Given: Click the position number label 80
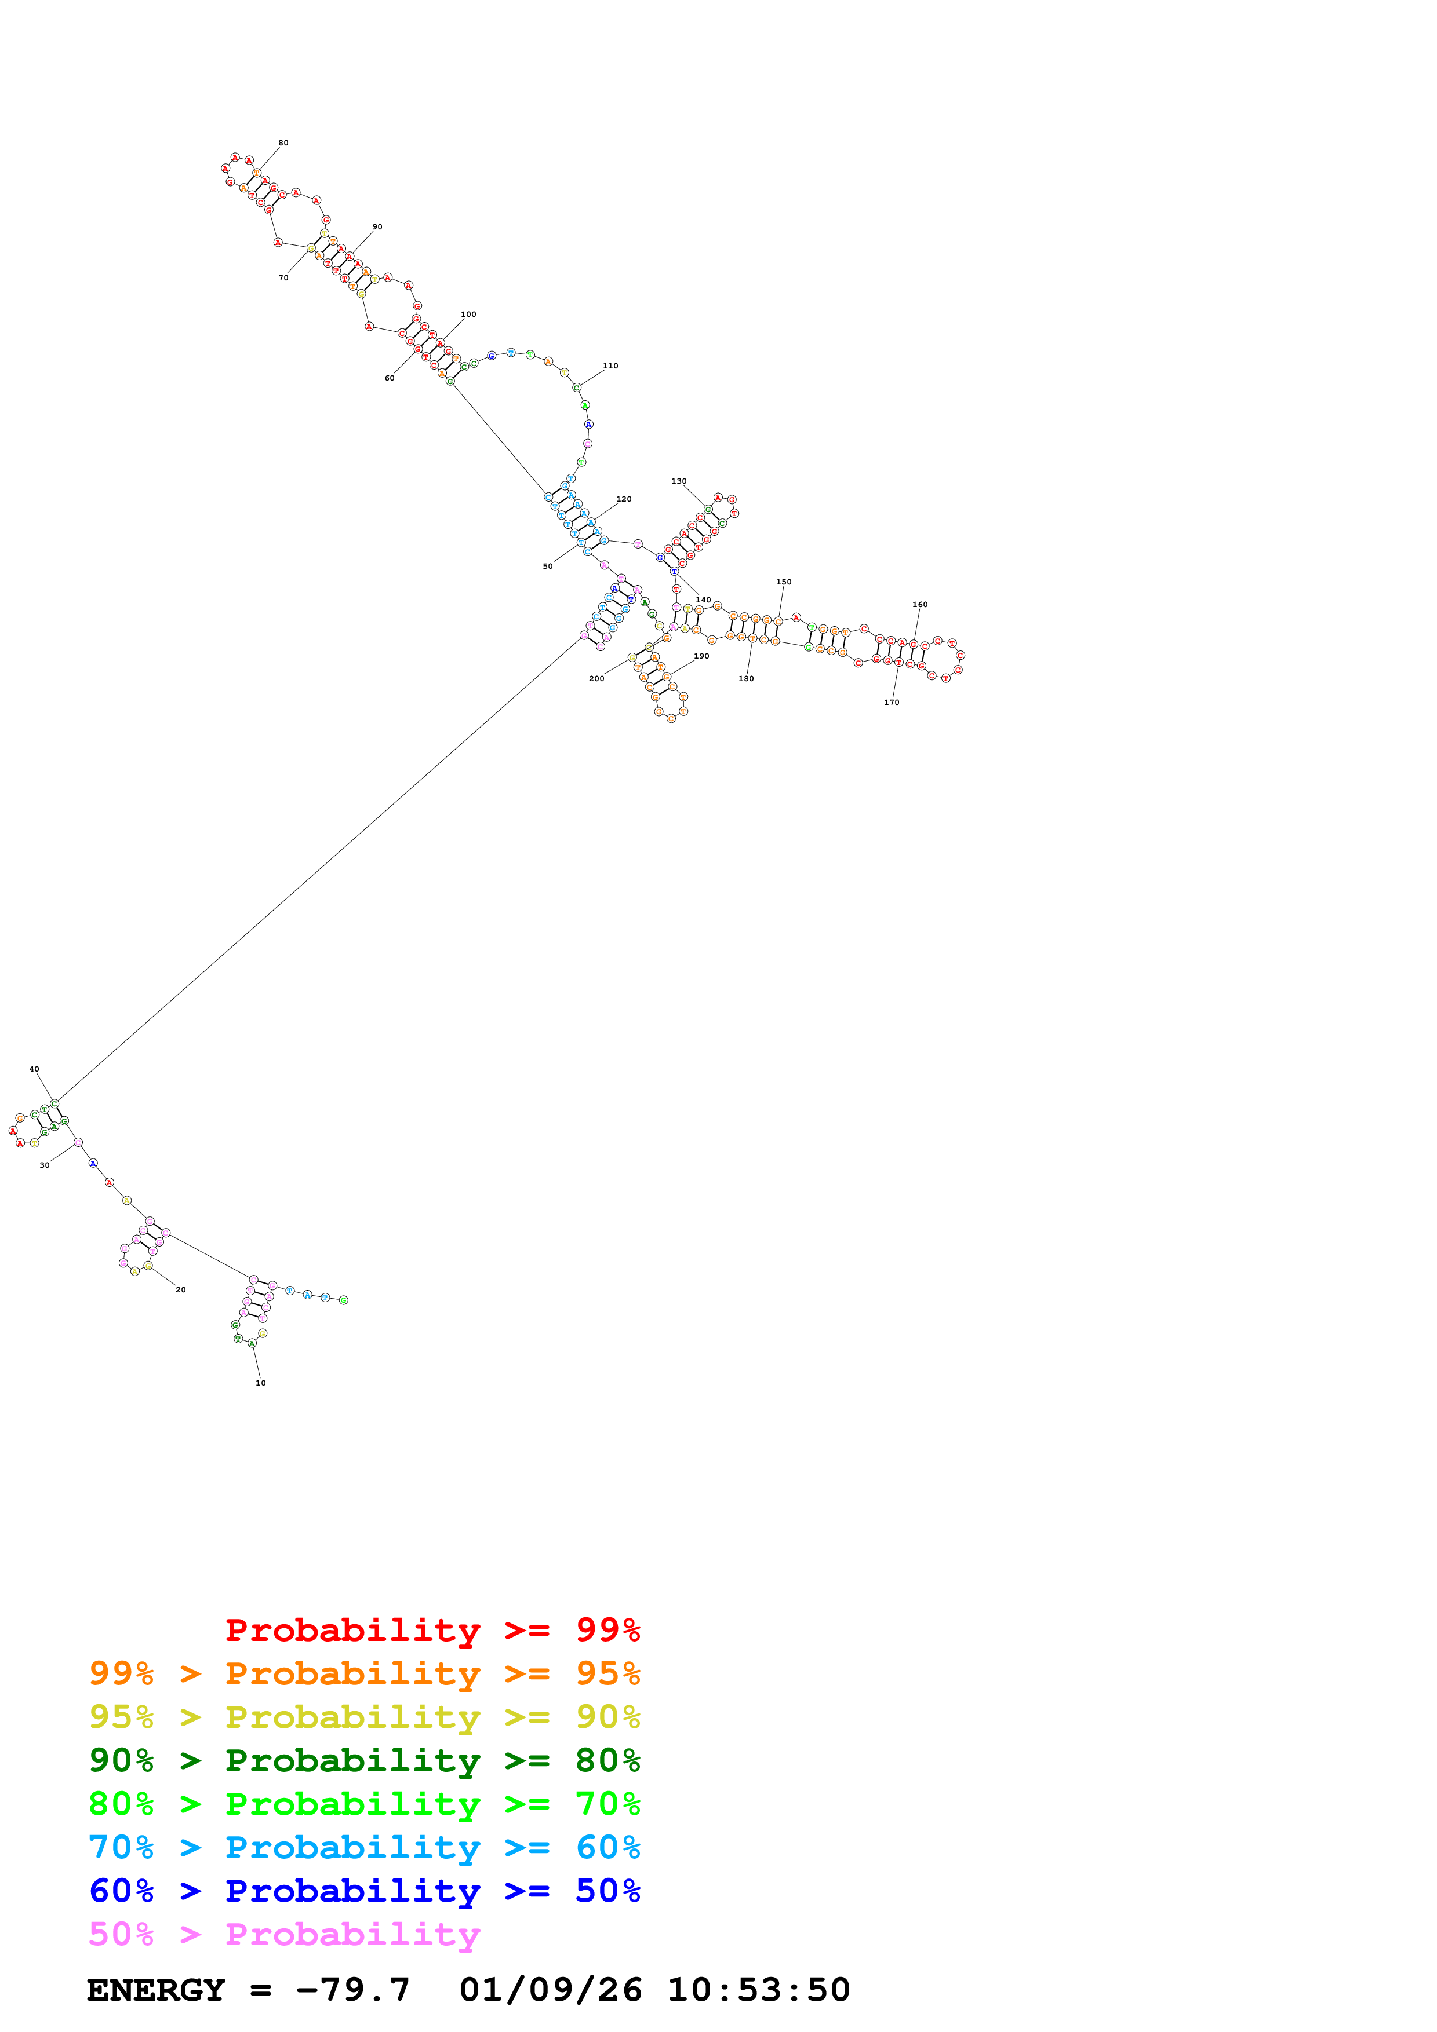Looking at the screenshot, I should (x=283, y=142).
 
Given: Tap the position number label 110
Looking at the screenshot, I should (x=610, y=366).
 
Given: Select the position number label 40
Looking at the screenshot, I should (x=34, y=1069).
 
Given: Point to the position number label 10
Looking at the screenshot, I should (x=260, y=1383).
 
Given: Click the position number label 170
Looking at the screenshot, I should (x=891, y=702).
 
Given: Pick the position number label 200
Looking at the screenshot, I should (x=596, y=679).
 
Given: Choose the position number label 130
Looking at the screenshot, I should (x=678, y=481).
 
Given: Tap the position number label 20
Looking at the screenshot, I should (x=181, y=1289).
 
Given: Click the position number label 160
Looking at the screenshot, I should (x=920, y=605).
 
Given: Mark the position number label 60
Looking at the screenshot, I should (x=389, y=378).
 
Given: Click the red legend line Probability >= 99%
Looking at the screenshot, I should (x=432, y=1629).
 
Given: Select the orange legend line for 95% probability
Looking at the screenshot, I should (x=364, y=1673).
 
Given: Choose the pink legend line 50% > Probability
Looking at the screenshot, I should (x=283, y=1933).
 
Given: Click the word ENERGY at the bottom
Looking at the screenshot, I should (x=156, y=1990).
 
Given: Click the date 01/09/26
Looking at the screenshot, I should (x=550, y=1990).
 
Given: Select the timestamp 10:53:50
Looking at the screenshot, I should (x=758, y=1990).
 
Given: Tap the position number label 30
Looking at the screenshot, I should (x=44, y=1165).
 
